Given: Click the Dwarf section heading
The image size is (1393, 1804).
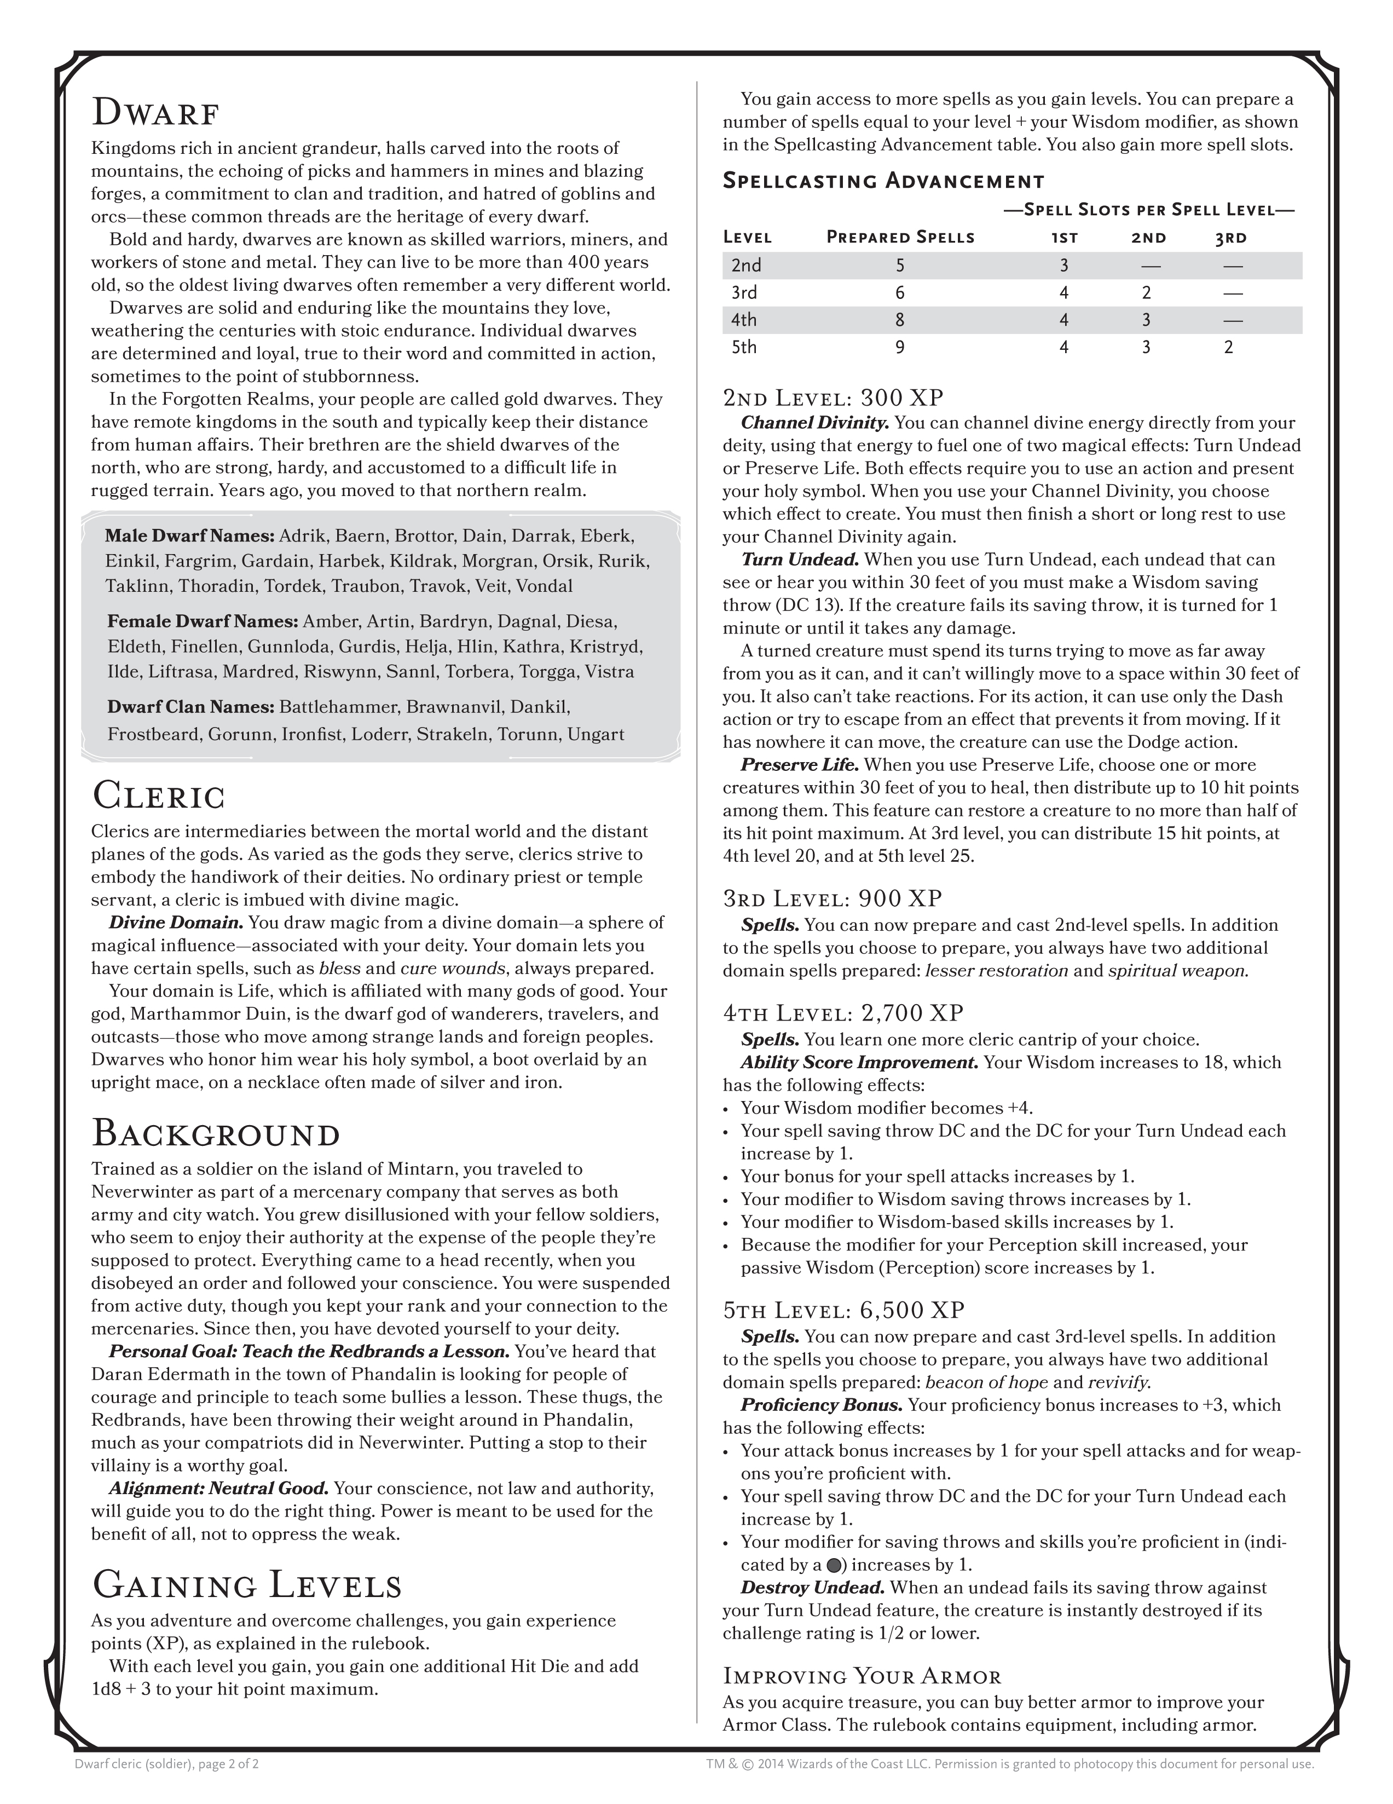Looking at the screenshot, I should click(x=155, y=112).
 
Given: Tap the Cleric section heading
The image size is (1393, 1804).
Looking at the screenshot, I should click(x=159, y=796).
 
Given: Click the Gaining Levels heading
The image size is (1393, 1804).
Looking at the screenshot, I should click(x=247, y=1584).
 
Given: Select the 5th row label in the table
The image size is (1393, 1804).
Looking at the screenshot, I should click(x=744, y=347).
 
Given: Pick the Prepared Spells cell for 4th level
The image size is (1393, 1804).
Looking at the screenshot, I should click(x=899, y=320).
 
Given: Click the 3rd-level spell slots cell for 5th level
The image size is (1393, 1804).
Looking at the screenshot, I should click(x=1228, y=347).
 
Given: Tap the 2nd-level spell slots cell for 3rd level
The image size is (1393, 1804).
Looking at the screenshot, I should click(x=1146, y=292).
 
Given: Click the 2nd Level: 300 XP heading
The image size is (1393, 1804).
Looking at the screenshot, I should click(x=833, y=398).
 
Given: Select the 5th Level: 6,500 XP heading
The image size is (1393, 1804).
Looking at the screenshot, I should click(x=844, y=1310).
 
